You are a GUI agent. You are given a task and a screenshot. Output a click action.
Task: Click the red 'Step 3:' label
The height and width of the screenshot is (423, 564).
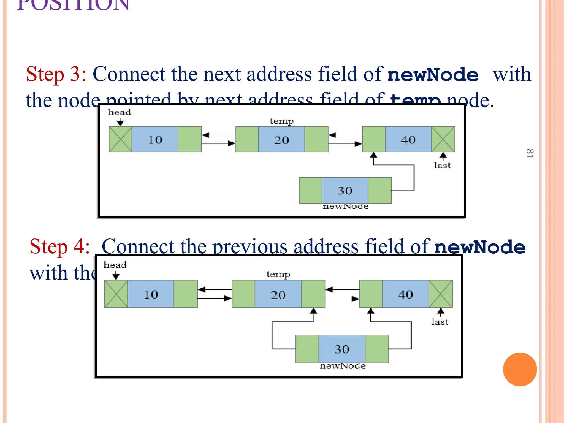pyautogui.click(x=56, y=74)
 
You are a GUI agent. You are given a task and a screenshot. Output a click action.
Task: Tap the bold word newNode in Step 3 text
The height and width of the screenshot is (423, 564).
pyautogui.click(x=433, y=75)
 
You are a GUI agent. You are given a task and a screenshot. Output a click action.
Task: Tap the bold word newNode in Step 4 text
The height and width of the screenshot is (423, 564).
pyautogui.click(x=480, y=247)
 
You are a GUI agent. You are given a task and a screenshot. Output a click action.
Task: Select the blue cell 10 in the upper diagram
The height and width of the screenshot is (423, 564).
pyautogui.click(x=155, y=139)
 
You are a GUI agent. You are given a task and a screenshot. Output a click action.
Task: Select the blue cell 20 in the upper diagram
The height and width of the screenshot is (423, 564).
pyautogui.click(x=281, y=140)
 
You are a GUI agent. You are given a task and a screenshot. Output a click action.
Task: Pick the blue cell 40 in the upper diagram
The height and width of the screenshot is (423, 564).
pyautogui.click(x=408, y=139)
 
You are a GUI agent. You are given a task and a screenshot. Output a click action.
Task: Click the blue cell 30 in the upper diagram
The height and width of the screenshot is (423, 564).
pyautogui.click(x=345, y=190)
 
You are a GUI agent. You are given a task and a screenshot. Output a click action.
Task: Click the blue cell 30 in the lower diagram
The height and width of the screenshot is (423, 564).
pyautogui.click(x=342, y=349)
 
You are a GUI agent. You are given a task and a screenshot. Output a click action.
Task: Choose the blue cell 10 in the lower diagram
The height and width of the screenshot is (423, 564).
pyautogui.click(x=151, y=294)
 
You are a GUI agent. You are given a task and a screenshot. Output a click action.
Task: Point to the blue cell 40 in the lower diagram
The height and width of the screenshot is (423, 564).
pyautogui.click(x=405, y=294)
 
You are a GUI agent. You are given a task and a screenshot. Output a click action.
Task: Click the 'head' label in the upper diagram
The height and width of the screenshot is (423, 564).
pyautogui.click(x=119, y=112)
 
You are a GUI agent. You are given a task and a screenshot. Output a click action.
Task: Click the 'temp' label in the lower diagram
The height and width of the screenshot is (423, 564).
pyautogui.click(x=278, y=274)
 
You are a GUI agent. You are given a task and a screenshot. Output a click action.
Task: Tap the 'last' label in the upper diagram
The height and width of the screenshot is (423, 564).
pyautogui.click(x=442, y=165)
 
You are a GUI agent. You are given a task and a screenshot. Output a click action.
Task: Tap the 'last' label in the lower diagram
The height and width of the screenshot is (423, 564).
pyautogui.click(x=440, y=322)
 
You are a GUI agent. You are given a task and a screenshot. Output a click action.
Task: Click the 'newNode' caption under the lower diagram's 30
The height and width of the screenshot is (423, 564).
pyautogui.click(x=343, y=366)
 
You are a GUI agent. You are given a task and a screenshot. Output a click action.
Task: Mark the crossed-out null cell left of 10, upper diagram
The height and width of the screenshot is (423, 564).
pyautogui.click(x=120, y=139)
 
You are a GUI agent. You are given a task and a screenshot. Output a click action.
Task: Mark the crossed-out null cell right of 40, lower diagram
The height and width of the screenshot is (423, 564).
pyautogui.click(x=441, y=294)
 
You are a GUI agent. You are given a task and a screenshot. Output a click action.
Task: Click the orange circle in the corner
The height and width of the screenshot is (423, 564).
pyautogui.click(x=520, y=369)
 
